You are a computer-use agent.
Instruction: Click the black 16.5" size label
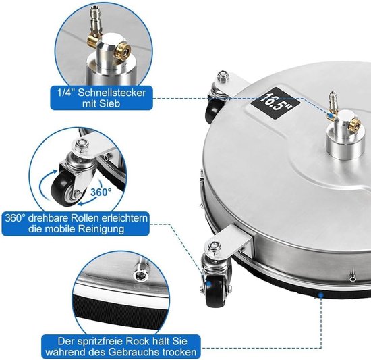pos(275,103)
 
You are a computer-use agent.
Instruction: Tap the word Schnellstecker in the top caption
pos(112,93)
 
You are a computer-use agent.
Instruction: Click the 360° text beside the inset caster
pos(101,192)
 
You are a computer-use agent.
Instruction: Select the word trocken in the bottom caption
pos(179,352)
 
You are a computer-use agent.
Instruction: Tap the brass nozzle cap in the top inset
pos(123,50)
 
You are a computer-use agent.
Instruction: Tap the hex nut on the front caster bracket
pos(214,247)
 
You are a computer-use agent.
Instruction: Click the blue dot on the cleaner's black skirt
pos(320,295)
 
